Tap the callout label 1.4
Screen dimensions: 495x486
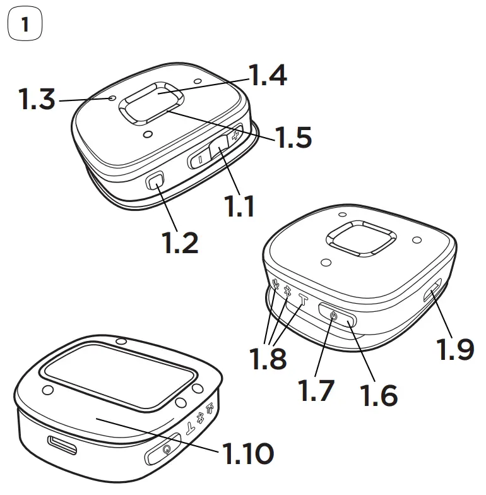[x=268, y=76]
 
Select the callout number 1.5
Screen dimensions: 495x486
[x=293, y=137]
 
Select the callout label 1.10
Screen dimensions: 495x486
[x=247, y=453]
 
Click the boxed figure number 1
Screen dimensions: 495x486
[x=25, y=25]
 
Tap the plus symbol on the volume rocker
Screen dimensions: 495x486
[x=235, y=135]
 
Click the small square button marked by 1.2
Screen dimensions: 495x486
[x=155, y=182]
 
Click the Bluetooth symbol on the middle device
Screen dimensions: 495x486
[x=287, y=292]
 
